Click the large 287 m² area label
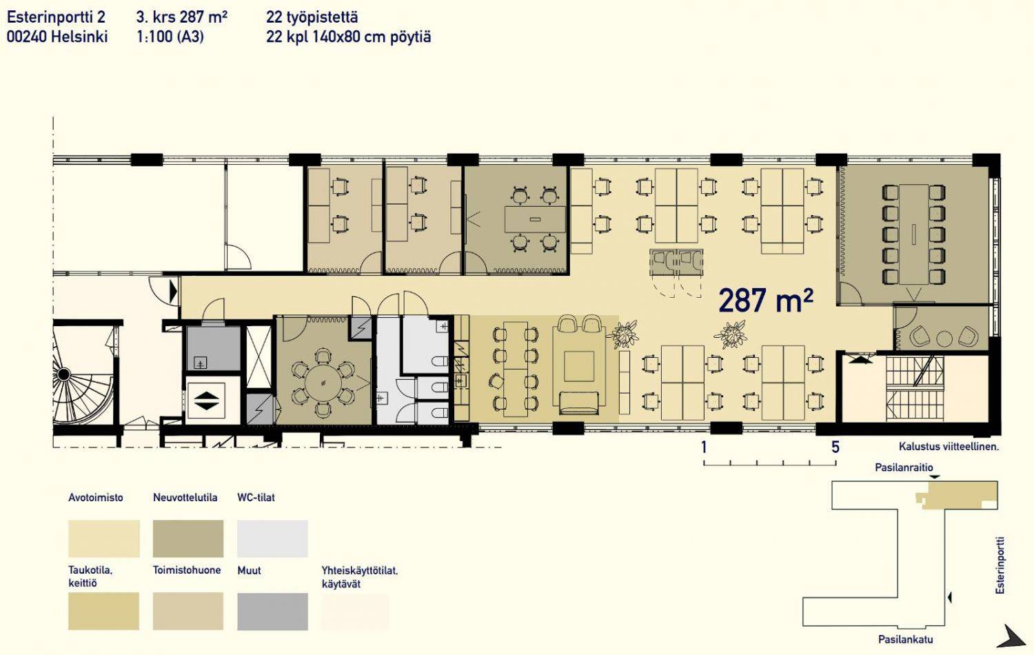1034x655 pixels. (765, 301)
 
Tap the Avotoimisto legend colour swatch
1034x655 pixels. (104, 538)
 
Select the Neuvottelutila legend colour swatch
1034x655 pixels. (188, 538)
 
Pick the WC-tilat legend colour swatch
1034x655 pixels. (272, 538)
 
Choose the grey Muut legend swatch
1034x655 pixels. (272, 612)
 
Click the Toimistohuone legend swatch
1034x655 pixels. (188, 612)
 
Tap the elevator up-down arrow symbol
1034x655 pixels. (206, 400)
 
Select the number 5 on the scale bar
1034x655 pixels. (835, 447)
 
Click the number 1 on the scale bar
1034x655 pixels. (704, 447)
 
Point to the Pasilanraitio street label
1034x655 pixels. (904, 467)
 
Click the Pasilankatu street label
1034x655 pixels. (905, 639)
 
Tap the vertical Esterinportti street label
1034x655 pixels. (1000, 565)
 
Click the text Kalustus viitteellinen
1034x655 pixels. (949, 446)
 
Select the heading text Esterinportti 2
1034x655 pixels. (56, 17)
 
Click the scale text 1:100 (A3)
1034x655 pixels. (170, 37)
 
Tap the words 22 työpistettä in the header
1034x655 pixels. (312, 17)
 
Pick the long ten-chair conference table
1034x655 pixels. (914, 234)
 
